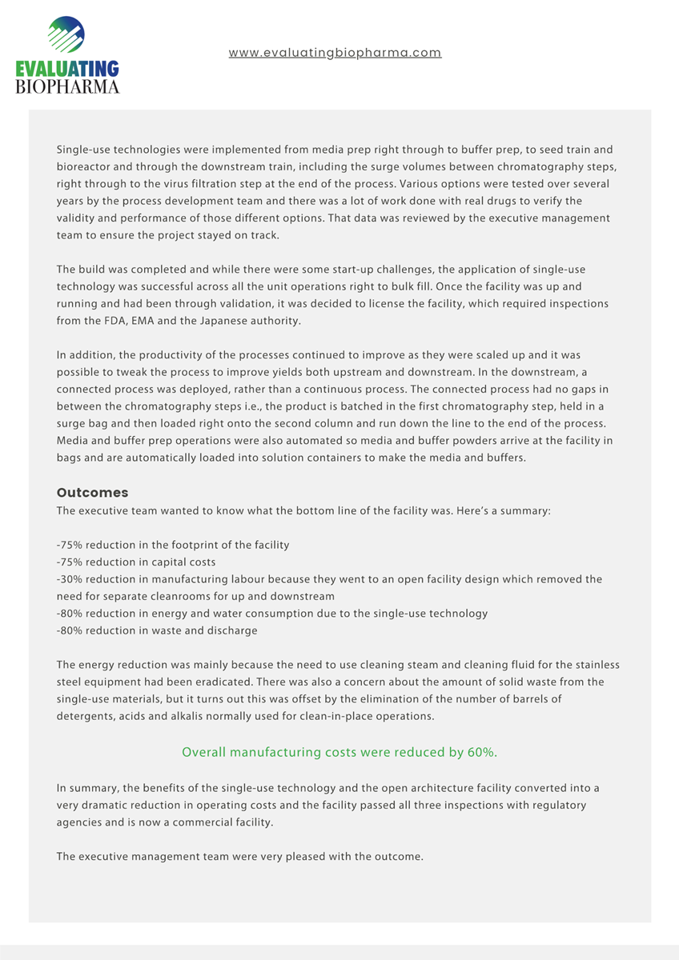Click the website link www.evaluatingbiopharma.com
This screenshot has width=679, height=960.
coord(335,53)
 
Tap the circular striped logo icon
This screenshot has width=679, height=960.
coord(66,37)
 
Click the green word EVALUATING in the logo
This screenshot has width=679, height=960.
coord(67,69)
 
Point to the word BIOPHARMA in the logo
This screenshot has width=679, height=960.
coord(67,86)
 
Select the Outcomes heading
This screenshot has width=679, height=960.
coord(92,493)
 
